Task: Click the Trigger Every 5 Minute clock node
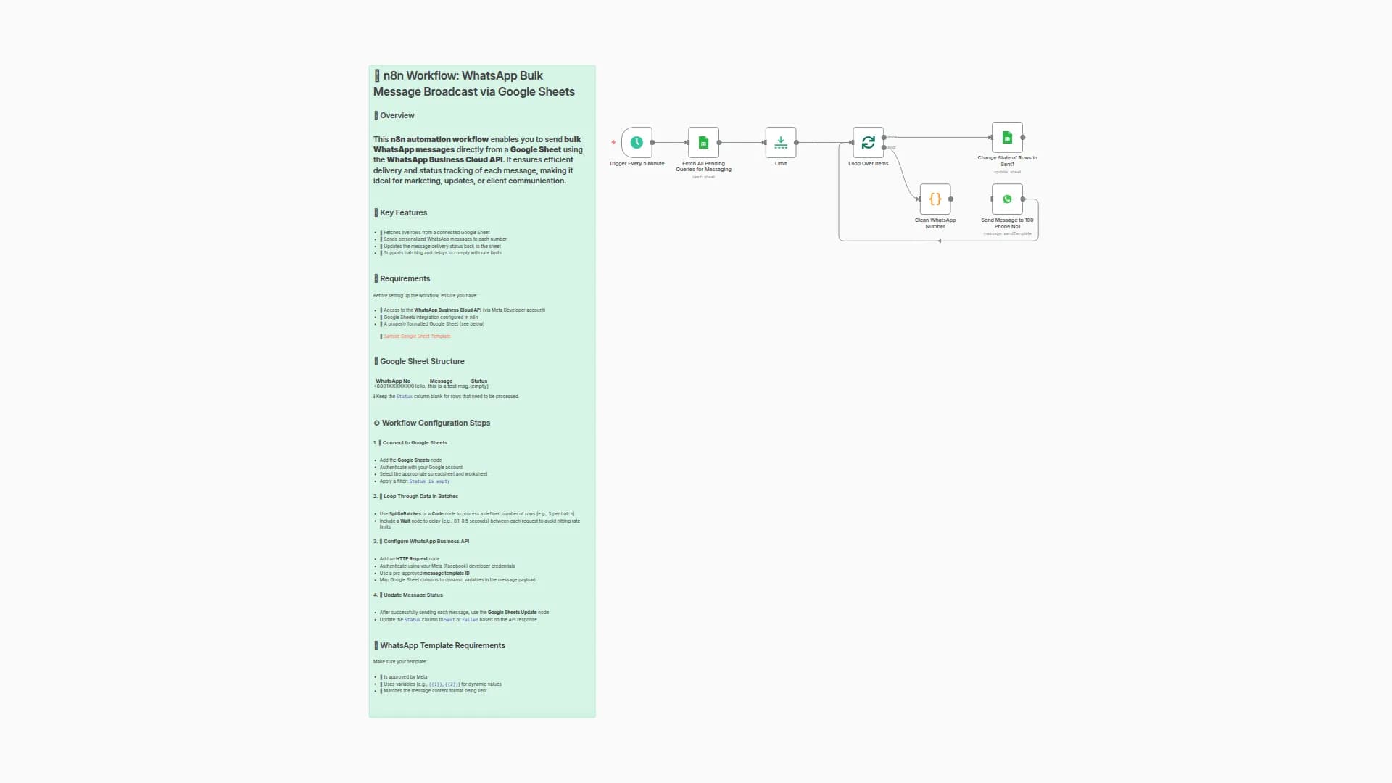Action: coord(637,143)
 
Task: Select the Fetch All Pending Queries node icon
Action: coord(703,143)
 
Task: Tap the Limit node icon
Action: coord(781,143)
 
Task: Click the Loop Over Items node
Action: coord(868,143)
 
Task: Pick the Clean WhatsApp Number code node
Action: coord(935,199)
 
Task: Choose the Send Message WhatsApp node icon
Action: coord(1007,199)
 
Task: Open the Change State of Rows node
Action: coord(1007,138)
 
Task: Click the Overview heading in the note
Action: coord(397,116)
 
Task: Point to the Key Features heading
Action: coord(403,213)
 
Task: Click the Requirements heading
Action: coord(405,279)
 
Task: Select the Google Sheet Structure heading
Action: coord(422,362)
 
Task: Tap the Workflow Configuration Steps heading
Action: coord(436,423)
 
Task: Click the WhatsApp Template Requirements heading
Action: coord(442,646)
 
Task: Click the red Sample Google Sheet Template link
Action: coord(417,336)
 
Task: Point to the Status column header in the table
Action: coord(479,381)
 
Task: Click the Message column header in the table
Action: coord(441,381)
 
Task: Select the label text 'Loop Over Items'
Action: coord(868,164)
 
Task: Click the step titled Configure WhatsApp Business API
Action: coord(426,542)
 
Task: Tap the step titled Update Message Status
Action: coord(413,595)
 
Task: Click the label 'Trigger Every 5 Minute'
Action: coord(637,164)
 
